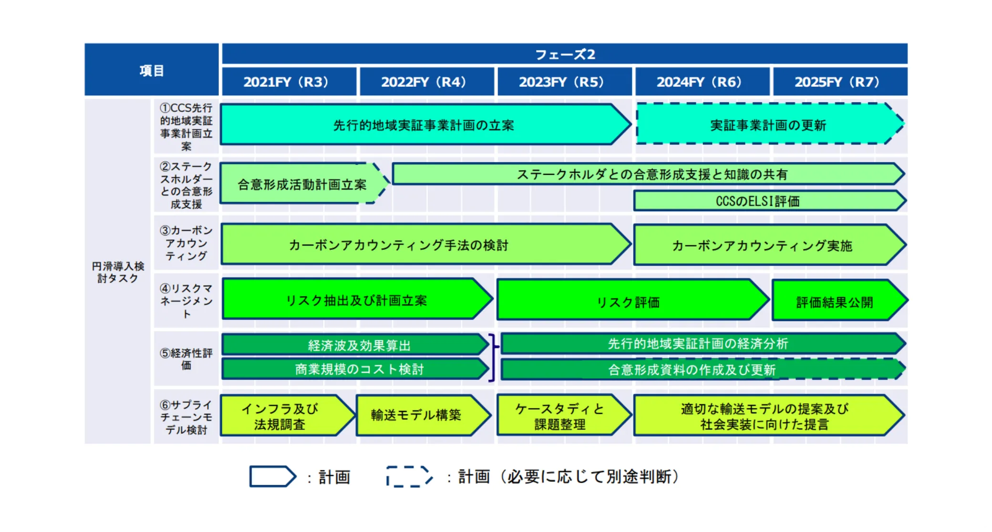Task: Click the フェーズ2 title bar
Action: [x=565, y=54]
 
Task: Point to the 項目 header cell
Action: [x=152, y=70]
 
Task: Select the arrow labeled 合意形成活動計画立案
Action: [x=302, y=184]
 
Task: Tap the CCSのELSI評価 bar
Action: [x=768, y=201]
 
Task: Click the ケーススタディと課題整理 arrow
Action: [x=561, y=416]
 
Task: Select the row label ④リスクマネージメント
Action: [x=186, y=301]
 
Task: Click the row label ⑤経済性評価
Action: [x=186, y=359]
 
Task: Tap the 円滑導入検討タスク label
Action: [x=118, y=272]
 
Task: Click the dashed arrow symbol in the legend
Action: [x=409, y=476]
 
